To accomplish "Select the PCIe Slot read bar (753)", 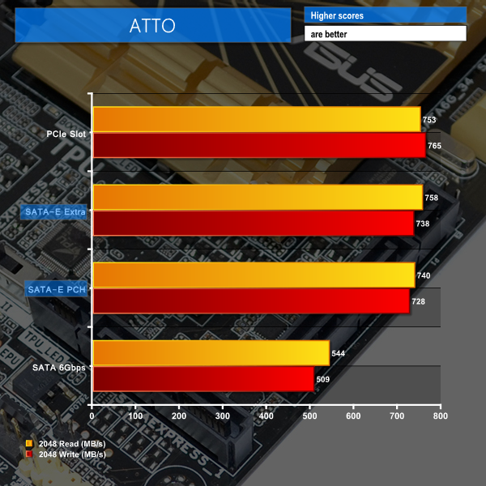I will click(256, 120).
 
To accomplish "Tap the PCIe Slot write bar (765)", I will click(258, 146).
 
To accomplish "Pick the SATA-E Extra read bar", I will click(258, 197).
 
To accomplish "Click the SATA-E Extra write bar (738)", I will click(253, 223).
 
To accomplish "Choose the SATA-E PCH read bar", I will click(254, 275).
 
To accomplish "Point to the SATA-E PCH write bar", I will click(251, 301).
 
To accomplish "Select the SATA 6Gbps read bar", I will click(211, 353).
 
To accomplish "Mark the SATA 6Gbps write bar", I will click(203, 379).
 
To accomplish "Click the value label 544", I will click(339, 353).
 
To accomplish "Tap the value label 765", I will click(435, 146).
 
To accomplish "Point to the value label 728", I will click(419, 301).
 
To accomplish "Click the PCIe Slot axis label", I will click(66, 134).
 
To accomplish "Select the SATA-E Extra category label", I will click(55, 211).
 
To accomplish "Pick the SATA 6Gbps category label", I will click(59, 367).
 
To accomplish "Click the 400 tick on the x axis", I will click(266, 416).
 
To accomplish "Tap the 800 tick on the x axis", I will click(440, 416).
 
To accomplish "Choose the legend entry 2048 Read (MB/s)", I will click(72, 444).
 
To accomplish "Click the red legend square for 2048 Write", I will click(30, 454).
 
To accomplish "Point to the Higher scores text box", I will click(385, 15).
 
